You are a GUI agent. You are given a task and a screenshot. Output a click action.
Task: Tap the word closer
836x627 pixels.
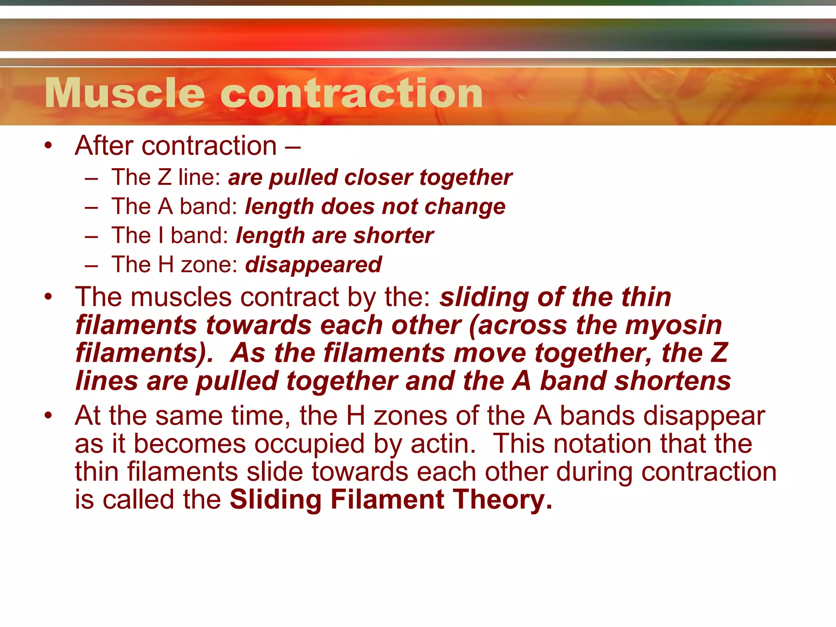(x=378, y=178)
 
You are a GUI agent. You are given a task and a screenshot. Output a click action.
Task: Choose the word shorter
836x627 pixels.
(x=394, y=236)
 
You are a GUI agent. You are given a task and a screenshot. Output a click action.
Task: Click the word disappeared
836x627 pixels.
(x=313, y=265)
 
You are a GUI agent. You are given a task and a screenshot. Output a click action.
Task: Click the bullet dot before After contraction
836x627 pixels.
(x=49, y=146)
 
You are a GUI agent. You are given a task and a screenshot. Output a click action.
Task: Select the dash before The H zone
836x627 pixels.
(x=92, y=266)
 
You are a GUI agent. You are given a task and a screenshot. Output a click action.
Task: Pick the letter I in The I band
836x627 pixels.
(x=161, y=236)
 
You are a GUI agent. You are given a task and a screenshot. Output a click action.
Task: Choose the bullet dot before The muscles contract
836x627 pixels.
(x=49, y=297)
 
